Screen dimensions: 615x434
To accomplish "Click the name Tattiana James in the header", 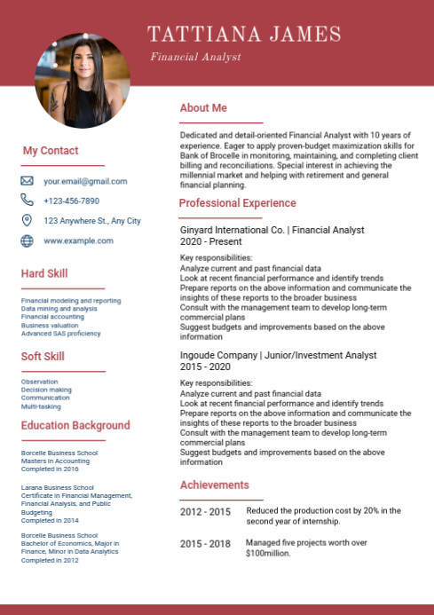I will [x=244, y=35].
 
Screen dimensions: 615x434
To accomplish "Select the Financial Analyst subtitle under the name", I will [x=195, y=57].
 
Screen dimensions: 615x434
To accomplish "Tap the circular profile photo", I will [x=82, y=81].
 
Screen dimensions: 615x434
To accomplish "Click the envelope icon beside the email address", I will [x=27, y=181].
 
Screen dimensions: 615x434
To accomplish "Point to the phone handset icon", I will [x=27, y=201].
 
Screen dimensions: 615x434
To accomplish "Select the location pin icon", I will [x=27, y=220].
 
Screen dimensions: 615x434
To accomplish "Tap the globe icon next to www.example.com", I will [x=27, y=240].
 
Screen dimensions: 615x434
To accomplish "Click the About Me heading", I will [x=203, y=108].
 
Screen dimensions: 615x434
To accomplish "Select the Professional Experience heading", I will [x=237, y=203].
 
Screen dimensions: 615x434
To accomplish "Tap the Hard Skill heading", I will [x=44, y=273].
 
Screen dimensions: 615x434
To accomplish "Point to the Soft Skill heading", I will [x=43, y=357].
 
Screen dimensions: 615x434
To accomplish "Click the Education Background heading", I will [x=75, y=426].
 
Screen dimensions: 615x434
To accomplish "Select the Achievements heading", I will [x=214, y=485].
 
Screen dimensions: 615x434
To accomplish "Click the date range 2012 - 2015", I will [x=205, y=512].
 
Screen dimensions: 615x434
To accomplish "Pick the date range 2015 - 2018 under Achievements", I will [x=205, y=543].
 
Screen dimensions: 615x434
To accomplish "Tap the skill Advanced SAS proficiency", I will [x=61, y=334].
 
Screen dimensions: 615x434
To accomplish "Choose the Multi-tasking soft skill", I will [x=41, y=406].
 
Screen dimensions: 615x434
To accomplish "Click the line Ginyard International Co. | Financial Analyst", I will [x=272, y=230].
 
